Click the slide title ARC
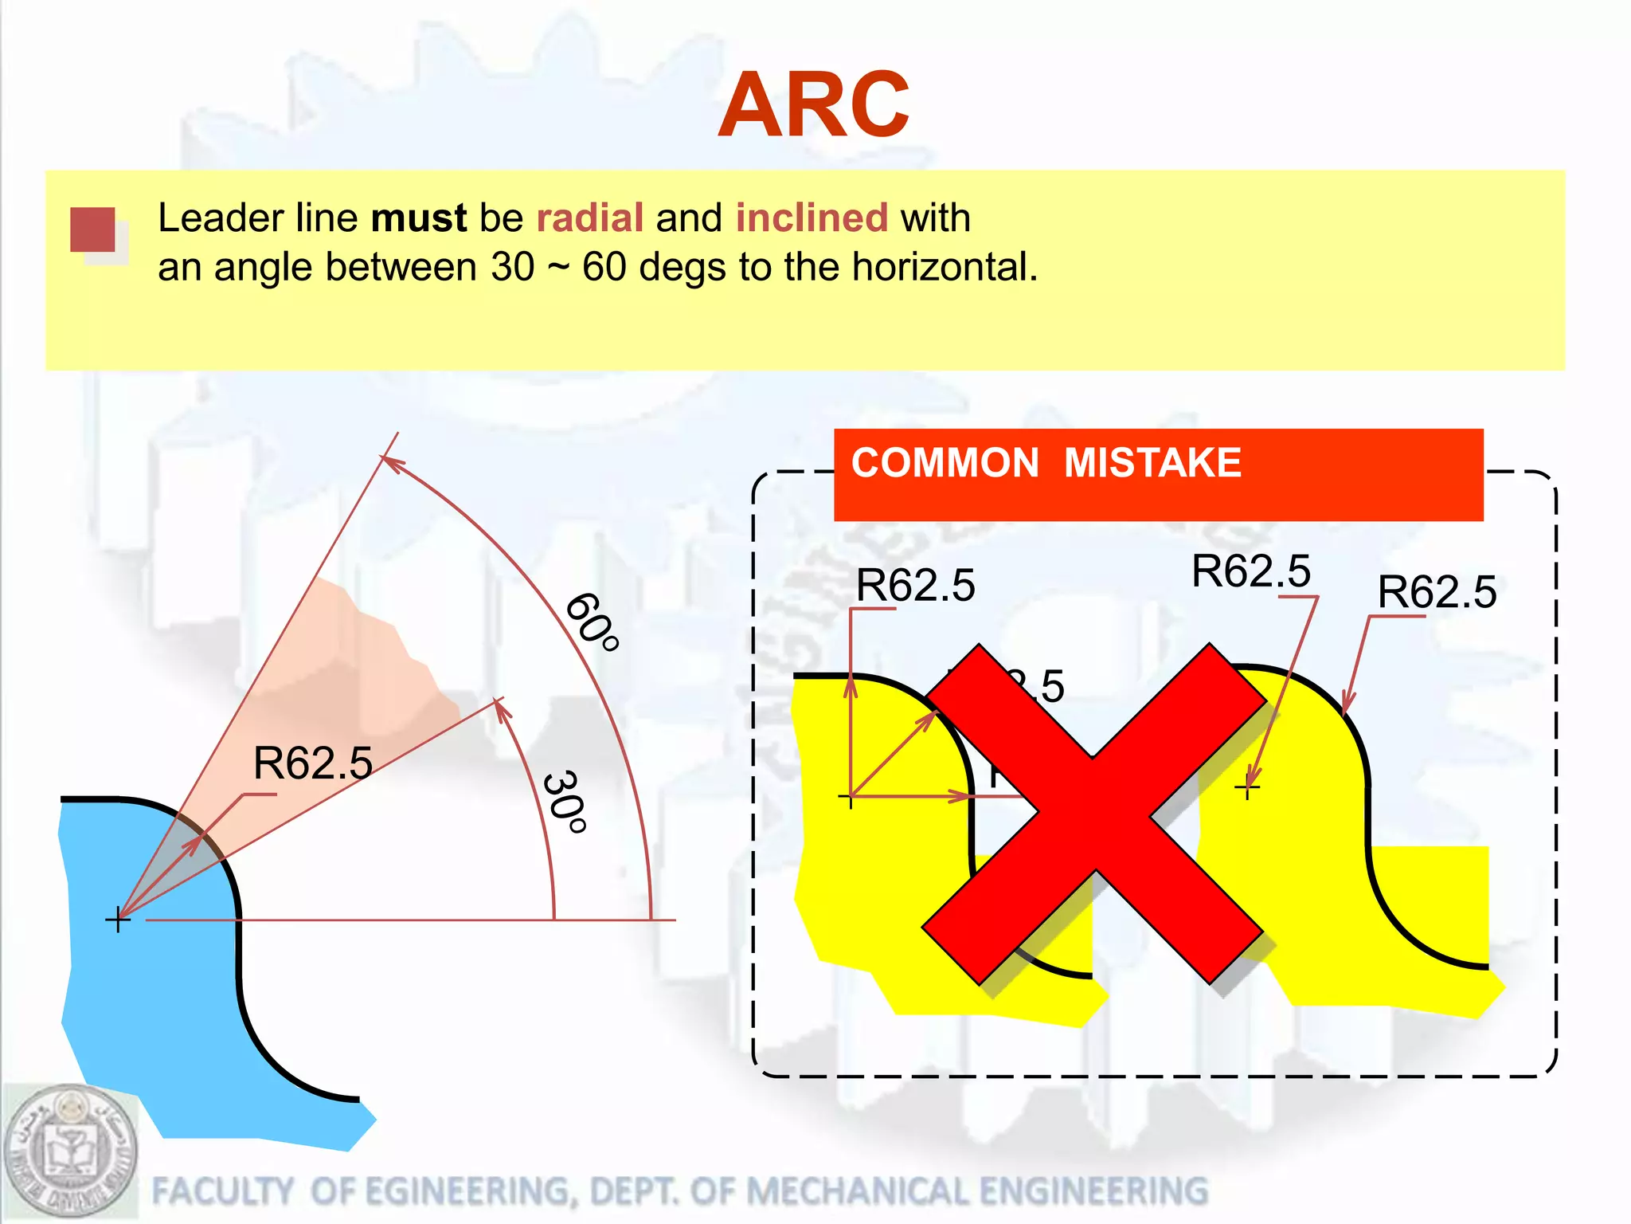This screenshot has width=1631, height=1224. (x=813, y=105)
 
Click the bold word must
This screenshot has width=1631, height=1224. (x=419, y=218)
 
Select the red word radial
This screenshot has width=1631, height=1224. (x=589, y=218)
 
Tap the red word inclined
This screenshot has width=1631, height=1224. (x=811, y=218)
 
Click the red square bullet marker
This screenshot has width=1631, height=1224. (x=93, y=229)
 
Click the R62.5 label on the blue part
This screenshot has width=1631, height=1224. (x=312, y=763)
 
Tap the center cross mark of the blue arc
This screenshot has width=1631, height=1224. (x=118, y=920)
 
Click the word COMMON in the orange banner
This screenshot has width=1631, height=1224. (x=945, y=463)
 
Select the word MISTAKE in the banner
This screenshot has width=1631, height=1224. (x=1152, y=463)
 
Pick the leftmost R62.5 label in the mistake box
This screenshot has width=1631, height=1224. (x=915, y=586)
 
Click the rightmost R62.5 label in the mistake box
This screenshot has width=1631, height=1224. (x=1437, y=592)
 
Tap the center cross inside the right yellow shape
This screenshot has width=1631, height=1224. (x=1247, y=788)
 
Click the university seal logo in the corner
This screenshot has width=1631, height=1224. (x=69, y=1152)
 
